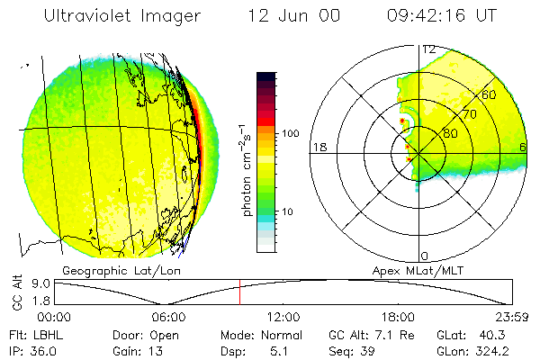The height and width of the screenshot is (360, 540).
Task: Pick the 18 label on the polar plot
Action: coord(318,147)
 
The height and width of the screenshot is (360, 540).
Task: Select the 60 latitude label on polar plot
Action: coord(490,94)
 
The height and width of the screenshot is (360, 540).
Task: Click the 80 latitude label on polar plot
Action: coord(450,133)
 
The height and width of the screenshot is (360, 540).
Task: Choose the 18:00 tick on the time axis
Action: coord(398,317)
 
